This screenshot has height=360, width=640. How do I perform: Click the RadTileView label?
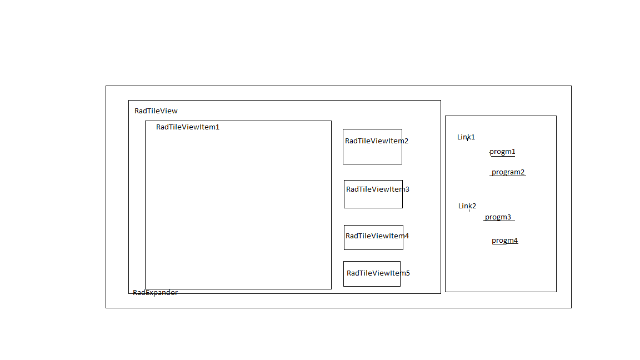pos(156,111)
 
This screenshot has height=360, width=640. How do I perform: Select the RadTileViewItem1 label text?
pos(188,127)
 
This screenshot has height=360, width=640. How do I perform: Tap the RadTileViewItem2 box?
pos(372,153)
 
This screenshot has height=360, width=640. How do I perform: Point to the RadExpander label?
pos(155,293)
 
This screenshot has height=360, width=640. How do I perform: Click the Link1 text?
pos(466,137)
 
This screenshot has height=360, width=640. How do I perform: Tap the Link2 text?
pos(467,206)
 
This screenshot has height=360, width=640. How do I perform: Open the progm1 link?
pos(502,152)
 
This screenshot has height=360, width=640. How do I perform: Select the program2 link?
pos(508,172)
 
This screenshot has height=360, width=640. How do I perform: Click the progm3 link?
pos(498,217)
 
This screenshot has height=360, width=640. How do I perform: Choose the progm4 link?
pos(504,241)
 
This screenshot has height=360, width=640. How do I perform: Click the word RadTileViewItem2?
pos(377,141)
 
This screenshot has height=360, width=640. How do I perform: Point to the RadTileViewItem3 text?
pos(378,189)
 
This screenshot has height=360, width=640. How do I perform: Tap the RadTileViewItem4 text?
pos(377,236)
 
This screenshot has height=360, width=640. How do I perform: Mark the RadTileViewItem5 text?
pos(378,273)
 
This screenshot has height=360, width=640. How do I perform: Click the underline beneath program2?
pos(508,176)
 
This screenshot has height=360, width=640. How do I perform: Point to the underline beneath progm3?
pos(499,221)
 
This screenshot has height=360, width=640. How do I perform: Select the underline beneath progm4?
pos(505,244)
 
